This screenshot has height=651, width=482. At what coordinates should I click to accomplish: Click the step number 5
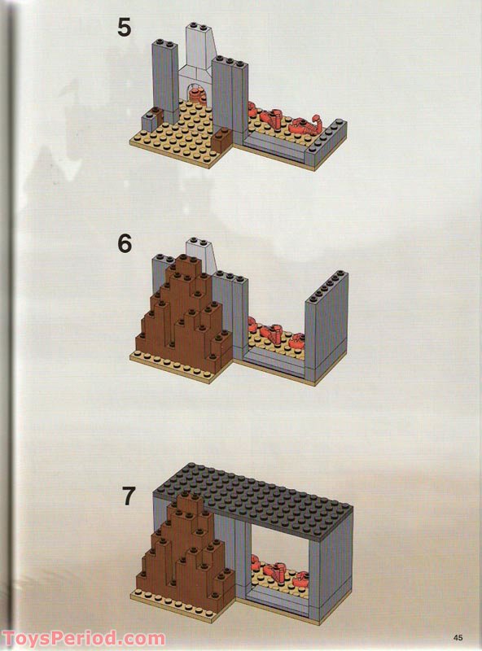(124, 27)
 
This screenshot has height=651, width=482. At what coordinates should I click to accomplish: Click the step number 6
(124, 242)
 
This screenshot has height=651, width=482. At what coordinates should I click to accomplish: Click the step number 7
(126, 495)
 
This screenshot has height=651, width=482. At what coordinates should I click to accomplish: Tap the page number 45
(458, 636)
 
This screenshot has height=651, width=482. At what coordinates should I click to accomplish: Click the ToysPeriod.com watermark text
(83, 638)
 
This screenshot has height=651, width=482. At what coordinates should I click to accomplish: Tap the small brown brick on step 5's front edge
(220, 146)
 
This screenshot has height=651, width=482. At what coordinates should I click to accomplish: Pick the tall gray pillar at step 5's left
(164, 77)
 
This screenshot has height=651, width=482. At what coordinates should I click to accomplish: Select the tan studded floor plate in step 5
(179, 138)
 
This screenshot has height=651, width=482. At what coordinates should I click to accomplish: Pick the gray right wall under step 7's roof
(335, 570)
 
